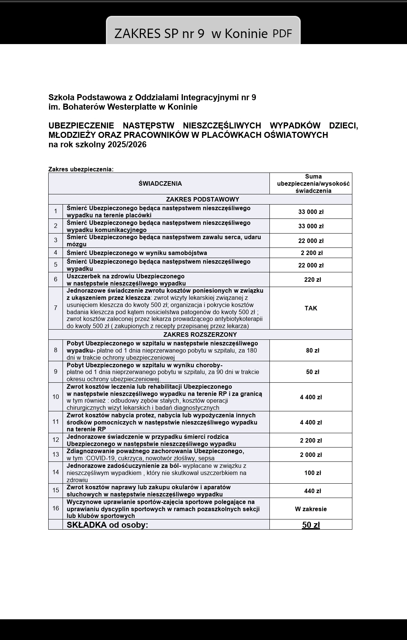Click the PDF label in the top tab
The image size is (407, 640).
point(282,34)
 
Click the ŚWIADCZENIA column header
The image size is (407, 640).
point(160,183)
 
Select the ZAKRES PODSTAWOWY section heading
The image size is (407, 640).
point(202,199)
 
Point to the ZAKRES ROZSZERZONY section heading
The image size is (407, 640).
point(200,335)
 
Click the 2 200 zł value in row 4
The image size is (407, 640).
point(312,253)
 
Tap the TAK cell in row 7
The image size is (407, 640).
point(311,308)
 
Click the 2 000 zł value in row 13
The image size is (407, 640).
point(311,455)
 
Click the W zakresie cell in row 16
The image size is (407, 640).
point(311,509)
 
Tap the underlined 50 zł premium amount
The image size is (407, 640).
point(311,525)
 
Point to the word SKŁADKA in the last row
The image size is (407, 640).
point(87,525)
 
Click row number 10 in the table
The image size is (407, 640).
point(56,397)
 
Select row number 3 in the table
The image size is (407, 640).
point(56,240)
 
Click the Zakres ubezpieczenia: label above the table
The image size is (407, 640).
point(81,169)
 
